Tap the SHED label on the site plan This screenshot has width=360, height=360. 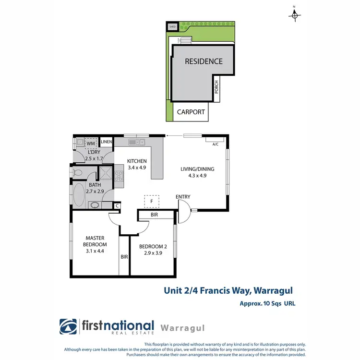click(173, 27)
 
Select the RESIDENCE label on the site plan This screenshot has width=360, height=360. click(204, 61)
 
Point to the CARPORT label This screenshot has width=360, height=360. click(191, 112)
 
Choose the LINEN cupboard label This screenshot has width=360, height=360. click(106, 142)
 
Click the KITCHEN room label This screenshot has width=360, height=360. click(136, 161)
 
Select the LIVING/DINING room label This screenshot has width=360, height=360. click(197, 169)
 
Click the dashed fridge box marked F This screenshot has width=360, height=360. click(152, 201)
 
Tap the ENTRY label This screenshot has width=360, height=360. click(183, 197)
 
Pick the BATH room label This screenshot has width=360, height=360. click(95, 185)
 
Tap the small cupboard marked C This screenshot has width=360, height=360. click(117, 205)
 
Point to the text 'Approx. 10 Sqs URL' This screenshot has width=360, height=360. click(267, 303)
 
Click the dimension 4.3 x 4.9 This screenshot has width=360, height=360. click(197, 175)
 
